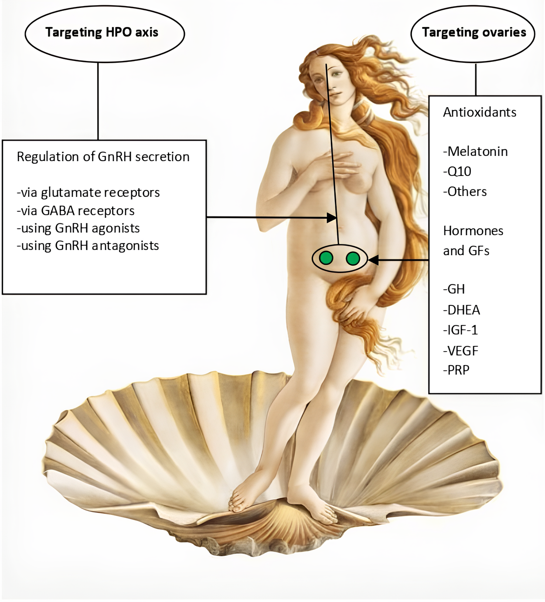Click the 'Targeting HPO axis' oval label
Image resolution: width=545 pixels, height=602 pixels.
[x=102, y=33]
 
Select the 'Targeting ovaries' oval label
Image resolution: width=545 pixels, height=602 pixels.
[x=474, y=33]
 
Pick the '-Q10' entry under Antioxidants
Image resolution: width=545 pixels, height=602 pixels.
[x=457, y=172]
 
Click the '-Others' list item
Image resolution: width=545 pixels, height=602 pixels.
[x=465, y=192]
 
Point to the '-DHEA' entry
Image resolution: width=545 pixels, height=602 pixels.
[x=461, y=310]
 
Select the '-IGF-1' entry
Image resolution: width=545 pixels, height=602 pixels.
[x=460, y=330]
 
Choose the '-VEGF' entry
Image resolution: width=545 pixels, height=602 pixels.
[x=460, y=351]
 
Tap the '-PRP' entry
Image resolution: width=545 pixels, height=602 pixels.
[x=456, y=370]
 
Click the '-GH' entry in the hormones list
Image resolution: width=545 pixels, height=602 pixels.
[x=454, y=289]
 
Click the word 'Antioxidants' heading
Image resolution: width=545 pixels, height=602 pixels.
[x=480, y=112]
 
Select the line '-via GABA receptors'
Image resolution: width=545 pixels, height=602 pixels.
[x=76, y=211]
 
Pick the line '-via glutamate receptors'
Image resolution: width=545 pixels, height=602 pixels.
[x=88, y=193]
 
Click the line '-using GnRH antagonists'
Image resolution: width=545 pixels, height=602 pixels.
[x=88, y=246]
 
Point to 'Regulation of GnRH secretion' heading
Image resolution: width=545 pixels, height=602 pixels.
[x=103, y=157]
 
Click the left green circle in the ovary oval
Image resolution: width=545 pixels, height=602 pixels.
[x=325, y=258]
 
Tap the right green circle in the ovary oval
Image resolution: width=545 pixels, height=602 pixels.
[x=353, y=259]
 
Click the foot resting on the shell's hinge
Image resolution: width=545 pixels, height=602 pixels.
[x=242, y=497]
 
